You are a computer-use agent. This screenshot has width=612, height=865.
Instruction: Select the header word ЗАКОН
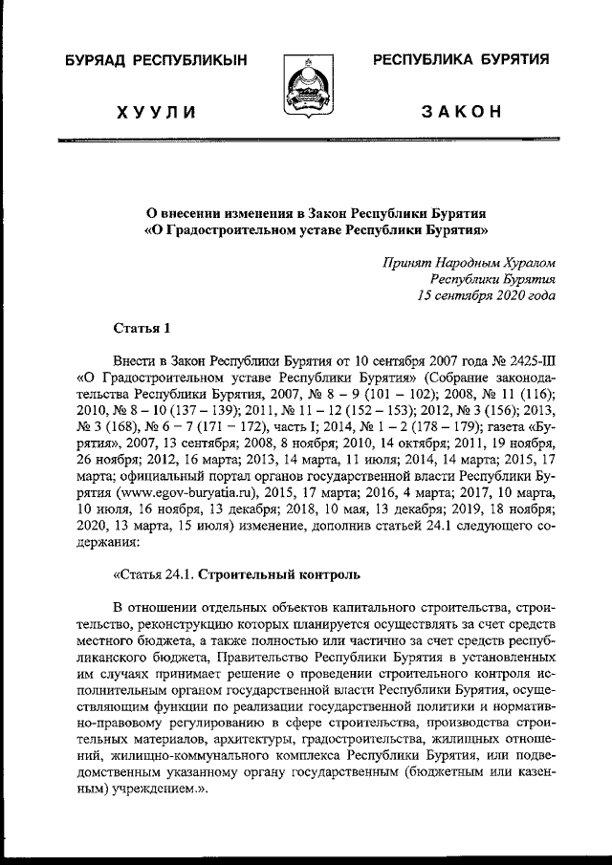coord(462,114)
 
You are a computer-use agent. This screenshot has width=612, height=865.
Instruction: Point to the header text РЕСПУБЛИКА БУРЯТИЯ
coord(461,59)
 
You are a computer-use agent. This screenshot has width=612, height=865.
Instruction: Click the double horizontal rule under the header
coord(306,141)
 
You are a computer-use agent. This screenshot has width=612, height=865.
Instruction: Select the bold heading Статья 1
coord(142,330)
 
